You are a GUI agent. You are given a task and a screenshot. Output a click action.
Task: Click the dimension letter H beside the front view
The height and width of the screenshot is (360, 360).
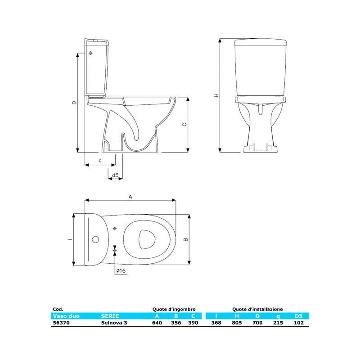point(216,95)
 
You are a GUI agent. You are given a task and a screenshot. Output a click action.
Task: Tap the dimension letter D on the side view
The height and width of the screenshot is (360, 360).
point(74,103)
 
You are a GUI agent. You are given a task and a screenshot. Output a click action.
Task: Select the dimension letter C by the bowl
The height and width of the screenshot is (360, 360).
point(184,125)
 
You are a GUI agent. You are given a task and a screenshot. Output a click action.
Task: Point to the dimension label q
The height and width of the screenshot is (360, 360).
point(100,161)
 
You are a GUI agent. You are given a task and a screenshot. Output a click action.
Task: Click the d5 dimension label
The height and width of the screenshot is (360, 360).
point(115,175)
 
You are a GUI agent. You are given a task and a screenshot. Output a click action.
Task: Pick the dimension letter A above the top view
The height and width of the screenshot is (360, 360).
point(130,197)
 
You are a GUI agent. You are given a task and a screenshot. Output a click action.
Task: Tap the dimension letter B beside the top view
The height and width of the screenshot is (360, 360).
point(186,239)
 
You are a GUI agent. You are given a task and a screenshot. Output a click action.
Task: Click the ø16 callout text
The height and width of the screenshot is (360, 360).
point(121,271)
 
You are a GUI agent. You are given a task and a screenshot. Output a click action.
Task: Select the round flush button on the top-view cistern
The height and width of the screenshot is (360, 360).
point(95,239)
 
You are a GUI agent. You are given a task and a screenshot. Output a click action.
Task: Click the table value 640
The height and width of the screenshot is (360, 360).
point(157,323)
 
